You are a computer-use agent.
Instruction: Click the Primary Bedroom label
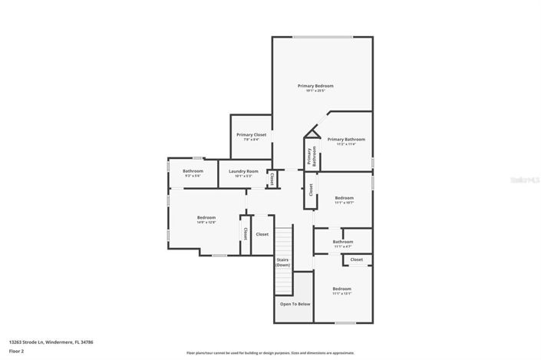click(315, 85)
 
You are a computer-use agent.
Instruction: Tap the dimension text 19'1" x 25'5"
click(315, 91)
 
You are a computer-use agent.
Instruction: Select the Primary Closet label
click(251, 134)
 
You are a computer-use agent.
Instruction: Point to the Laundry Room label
click(243, 171)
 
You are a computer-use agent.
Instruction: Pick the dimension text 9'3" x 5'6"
click(193, 176)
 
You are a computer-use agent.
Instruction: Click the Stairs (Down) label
click(282, 263)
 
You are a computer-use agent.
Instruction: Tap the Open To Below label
click(295, 304)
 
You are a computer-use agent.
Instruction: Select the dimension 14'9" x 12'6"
click(206, 223)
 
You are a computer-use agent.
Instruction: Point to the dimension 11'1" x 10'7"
click(344, 203)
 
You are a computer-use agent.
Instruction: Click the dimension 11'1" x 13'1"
click(341, 293)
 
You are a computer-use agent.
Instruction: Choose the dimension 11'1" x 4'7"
click(342, 246)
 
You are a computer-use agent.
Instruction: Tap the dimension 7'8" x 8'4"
click(251, 140)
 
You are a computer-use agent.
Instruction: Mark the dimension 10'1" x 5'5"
click(243, 176)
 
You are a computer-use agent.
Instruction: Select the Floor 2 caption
click(16, 351)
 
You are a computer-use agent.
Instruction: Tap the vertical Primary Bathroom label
click(312, 157)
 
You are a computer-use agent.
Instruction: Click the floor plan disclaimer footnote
click(270, 353)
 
